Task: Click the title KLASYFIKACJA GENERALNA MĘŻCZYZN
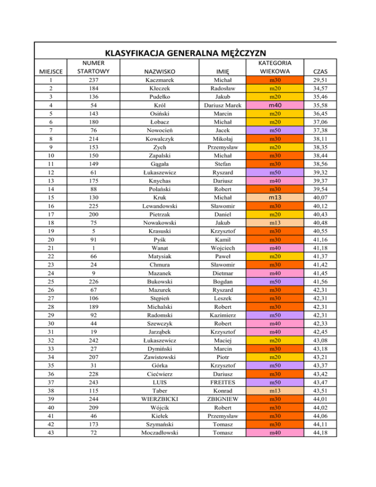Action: tap(185, 53)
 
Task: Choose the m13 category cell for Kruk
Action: tap(274, 197)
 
